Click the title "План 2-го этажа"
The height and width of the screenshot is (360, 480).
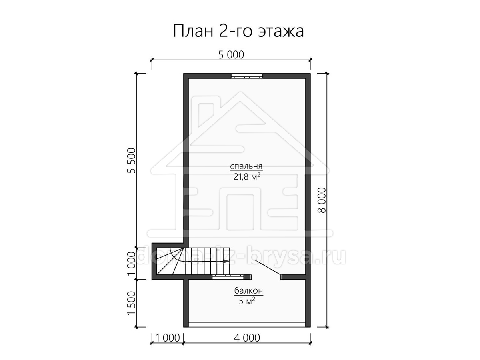(x=238, y=31)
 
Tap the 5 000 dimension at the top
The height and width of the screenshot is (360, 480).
(x=231, y=55)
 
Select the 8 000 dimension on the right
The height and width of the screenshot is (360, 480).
(x=322, y=200)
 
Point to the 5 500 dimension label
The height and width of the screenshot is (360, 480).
(x=132, y=160)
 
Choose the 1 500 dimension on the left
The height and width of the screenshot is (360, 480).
(x=132, y=303)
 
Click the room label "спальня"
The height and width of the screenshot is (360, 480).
(x=246, y=167)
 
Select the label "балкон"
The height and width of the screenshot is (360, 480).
(x=249, y=291)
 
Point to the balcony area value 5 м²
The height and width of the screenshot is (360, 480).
(x=247, y=301)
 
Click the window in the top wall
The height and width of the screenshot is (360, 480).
(x=247, y=76)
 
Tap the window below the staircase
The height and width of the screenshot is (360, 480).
(x=228, y=277)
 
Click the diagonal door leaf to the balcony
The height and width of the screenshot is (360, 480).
(x=268, y=268)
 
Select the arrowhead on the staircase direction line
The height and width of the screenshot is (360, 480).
(x=225, y=261)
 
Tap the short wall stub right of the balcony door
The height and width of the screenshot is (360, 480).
(x=293, y=277)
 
